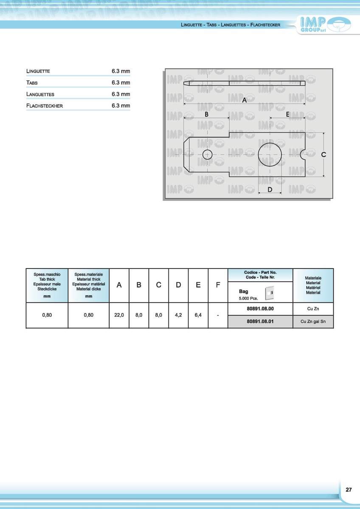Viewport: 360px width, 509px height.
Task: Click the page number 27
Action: tap(349, 489)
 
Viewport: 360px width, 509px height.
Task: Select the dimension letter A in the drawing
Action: tap(244, 101)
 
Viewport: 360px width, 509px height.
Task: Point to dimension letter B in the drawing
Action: tap(206, 115)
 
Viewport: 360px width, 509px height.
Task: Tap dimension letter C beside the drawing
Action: tap(323, 155)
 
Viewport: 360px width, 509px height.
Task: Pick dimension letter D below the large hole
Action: tap(270, 190)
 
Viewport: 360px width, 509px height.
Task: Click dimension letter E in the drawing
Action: tap(287, 115)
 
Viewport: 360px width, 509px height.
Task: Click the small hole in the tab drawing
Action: tap(207, 155)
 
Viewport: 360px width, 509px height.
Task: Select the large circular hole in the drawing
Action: tap(270, 155)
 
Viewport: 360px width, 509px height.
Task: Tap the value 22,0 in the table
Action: tap(119, 315)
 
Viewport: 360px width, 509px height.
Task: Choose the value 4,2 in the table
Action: tap(178, 315)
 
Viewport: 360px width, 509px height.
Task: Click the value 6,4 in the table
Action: tap(198, 315)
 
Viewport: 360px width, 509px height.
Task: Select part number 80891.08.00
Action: tap(260, 309)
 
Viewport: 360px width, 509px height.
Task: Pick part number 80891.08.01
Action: tap(260, 322)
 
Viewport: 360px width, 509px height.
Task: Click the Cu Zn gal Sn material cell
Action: tap(313, 322)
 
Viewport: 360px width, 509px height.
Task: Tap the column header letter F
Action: tap(218, 285)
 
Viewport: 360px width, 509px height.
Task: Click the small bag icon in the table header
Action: tap(268, 292)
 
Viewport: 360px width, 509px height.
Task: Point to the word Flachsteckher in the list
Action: tap(45, 106)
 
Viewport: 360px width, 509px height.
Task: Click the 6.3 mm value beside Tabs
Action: tap(121, 83)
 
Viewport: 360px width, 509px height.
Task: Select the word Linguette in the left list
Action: tap(38, 71)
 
